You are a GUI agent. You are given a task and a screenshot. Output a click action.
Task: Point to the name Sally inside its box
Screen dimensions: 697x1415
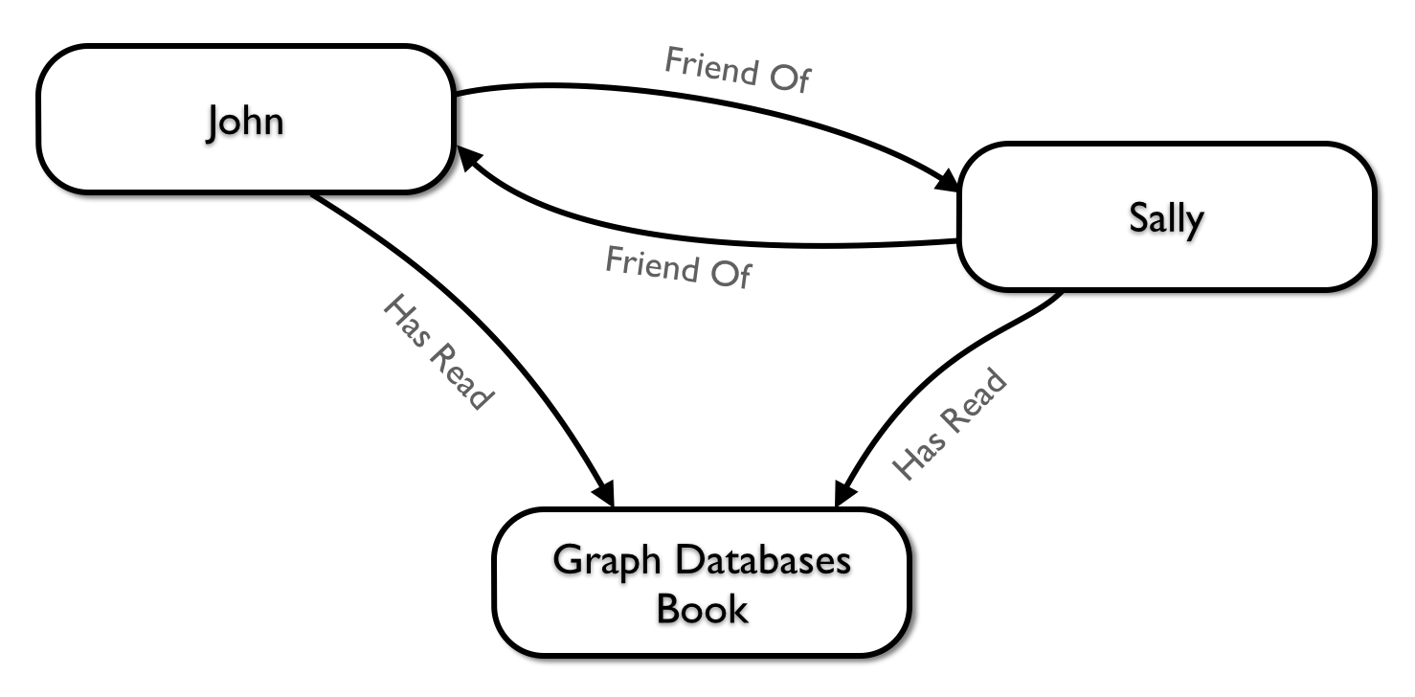(x=1165, y=218)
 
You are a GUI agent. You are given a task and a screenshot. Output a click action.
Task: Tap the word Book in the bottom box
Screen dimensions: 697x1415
(x=702, y=609)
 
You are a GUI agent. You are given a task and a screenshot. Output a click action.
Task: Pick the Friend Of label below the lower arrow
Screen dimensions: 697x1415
(x=678, y=268)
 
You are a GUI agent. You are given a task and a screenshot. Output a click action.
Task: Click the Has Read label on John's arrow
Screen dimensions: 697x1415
(x=437, y=352)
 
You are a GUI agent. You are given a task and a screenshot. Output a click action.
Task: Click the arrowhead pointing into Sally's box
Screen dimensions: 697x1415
(x=947, y=182)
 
